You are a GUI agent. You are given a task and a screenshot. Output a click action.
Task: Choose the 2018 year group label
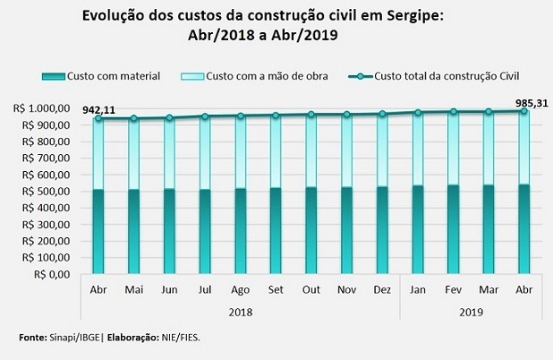tap(240, 312)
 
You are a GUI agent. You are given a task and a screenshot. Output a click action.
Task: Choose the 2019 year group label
tap(471, 312)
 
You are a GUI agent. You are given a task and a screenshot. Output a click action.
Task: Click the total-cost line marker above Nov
tap(346, 115)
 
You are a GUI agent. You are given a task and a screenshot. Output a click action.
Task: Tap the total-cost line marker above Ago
tap(240, 116)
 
